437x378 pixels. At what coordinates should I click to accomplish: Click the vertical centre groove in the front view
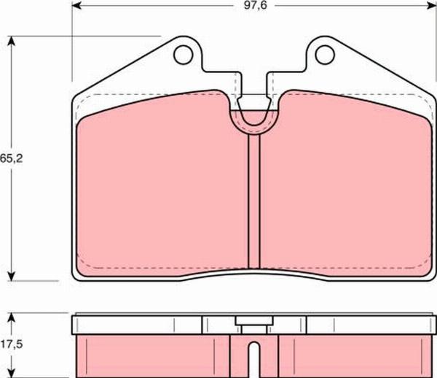coord(253,201)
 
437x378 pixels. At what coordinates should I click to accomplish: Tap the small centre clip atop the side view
coord(253,322)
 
